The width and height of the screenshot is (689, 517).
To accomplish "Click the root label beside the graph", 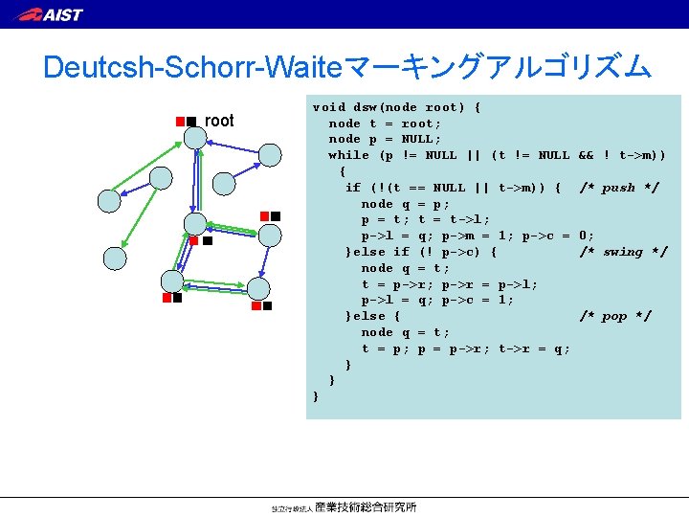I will click(x=219, y=121).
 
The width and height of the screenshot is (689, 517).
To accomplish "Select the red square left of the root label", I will click(x=179, y=121).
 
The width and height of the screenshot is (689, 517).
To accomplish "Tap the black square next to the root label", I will click(x=191, y=121).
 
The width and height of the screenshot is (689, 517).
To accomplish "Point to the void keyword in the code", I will click(x=329, y=107).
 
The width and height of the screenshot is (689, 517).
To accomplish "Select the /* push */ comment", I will click(x=618, y=188).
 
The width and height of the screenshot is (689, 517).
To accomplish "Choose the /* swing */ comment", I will click(x=623, y=252).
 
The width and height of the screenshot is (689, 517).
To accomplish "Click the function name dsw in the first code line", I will click(x=365, y=107).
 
